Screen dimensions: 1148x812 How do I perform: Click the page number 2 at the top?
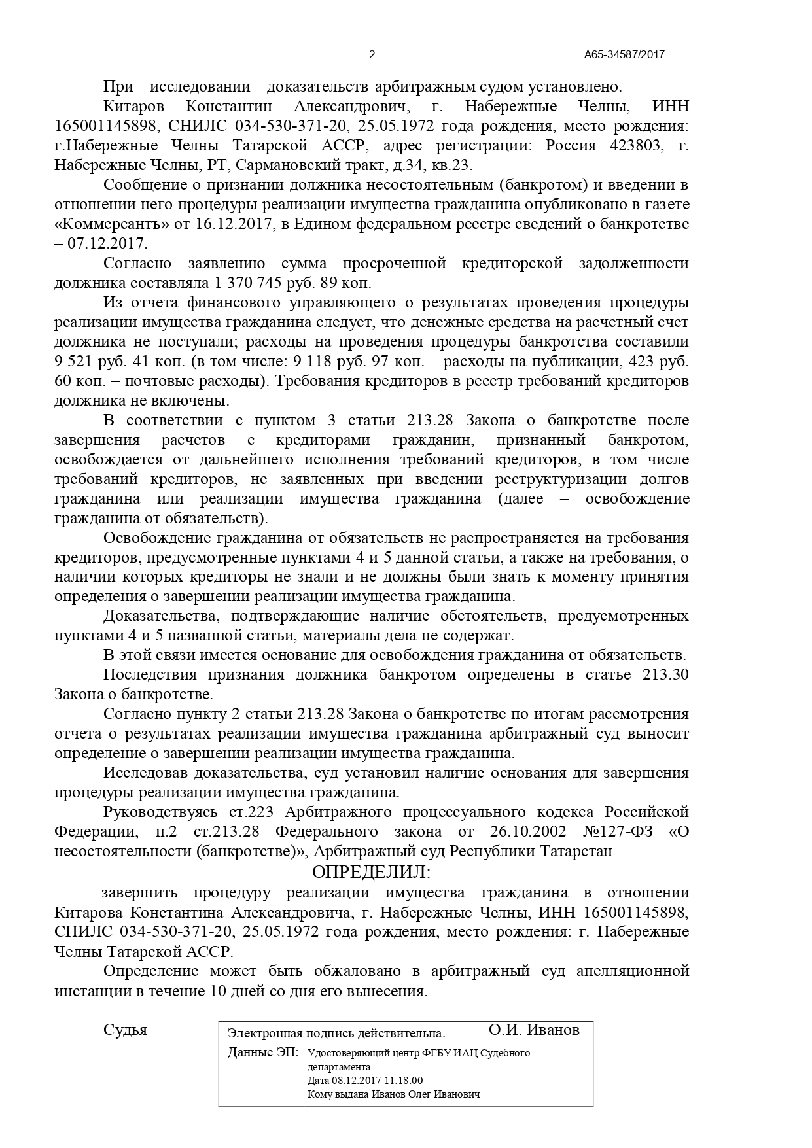click(372, 55)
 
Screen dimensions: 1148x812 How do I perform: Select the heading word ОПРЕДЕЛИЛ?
click(372, 872)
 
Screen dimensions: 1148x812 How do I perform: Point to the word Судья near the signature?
click(125, 1030)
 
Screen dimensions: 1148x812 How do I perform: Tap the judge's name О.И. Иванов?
click(533, 1030)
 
